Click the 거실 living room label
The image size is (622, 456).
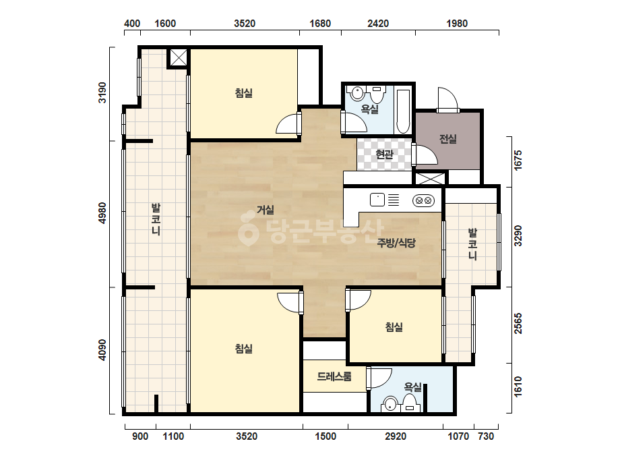[266, 210]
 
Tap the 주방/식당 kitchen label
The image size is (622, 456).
[396, 243]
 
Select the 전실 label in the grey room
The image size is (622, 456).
[448, 139]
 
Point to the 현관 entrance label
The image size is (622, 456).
[384, 154]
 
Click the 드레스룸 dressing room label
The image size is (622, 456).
[334, 376]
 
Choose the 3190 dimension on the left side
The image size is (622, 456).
[102, 92]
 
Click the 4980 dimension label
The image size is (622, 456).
[102, 213]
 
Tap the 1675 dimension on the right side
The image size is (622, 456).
[518, 161]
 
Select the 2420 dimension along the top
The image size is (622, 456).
[378, 24]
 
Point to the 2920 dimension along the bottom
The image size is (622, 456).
[396, 436]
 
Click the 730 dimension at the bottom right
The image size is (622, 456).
[486, 436]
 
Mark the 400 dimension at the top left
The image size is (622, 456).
[132, 24]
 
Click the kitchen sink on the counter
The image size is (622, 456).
[377, 200]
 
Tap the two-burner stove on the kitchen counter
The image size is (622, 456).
[423, 200]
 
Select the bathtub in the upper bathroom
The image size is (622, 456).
[402, 111]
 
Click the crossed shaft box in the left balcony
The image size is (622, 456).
[178, 58]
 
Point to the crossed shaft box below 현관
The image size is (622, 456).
[430, 178]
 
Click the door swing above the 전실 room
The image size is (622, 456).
[447, 99]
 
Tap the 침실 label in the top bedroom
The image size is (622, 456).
[243, 93]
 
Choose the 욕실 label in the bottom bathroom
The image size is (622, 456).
[412, 387]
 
